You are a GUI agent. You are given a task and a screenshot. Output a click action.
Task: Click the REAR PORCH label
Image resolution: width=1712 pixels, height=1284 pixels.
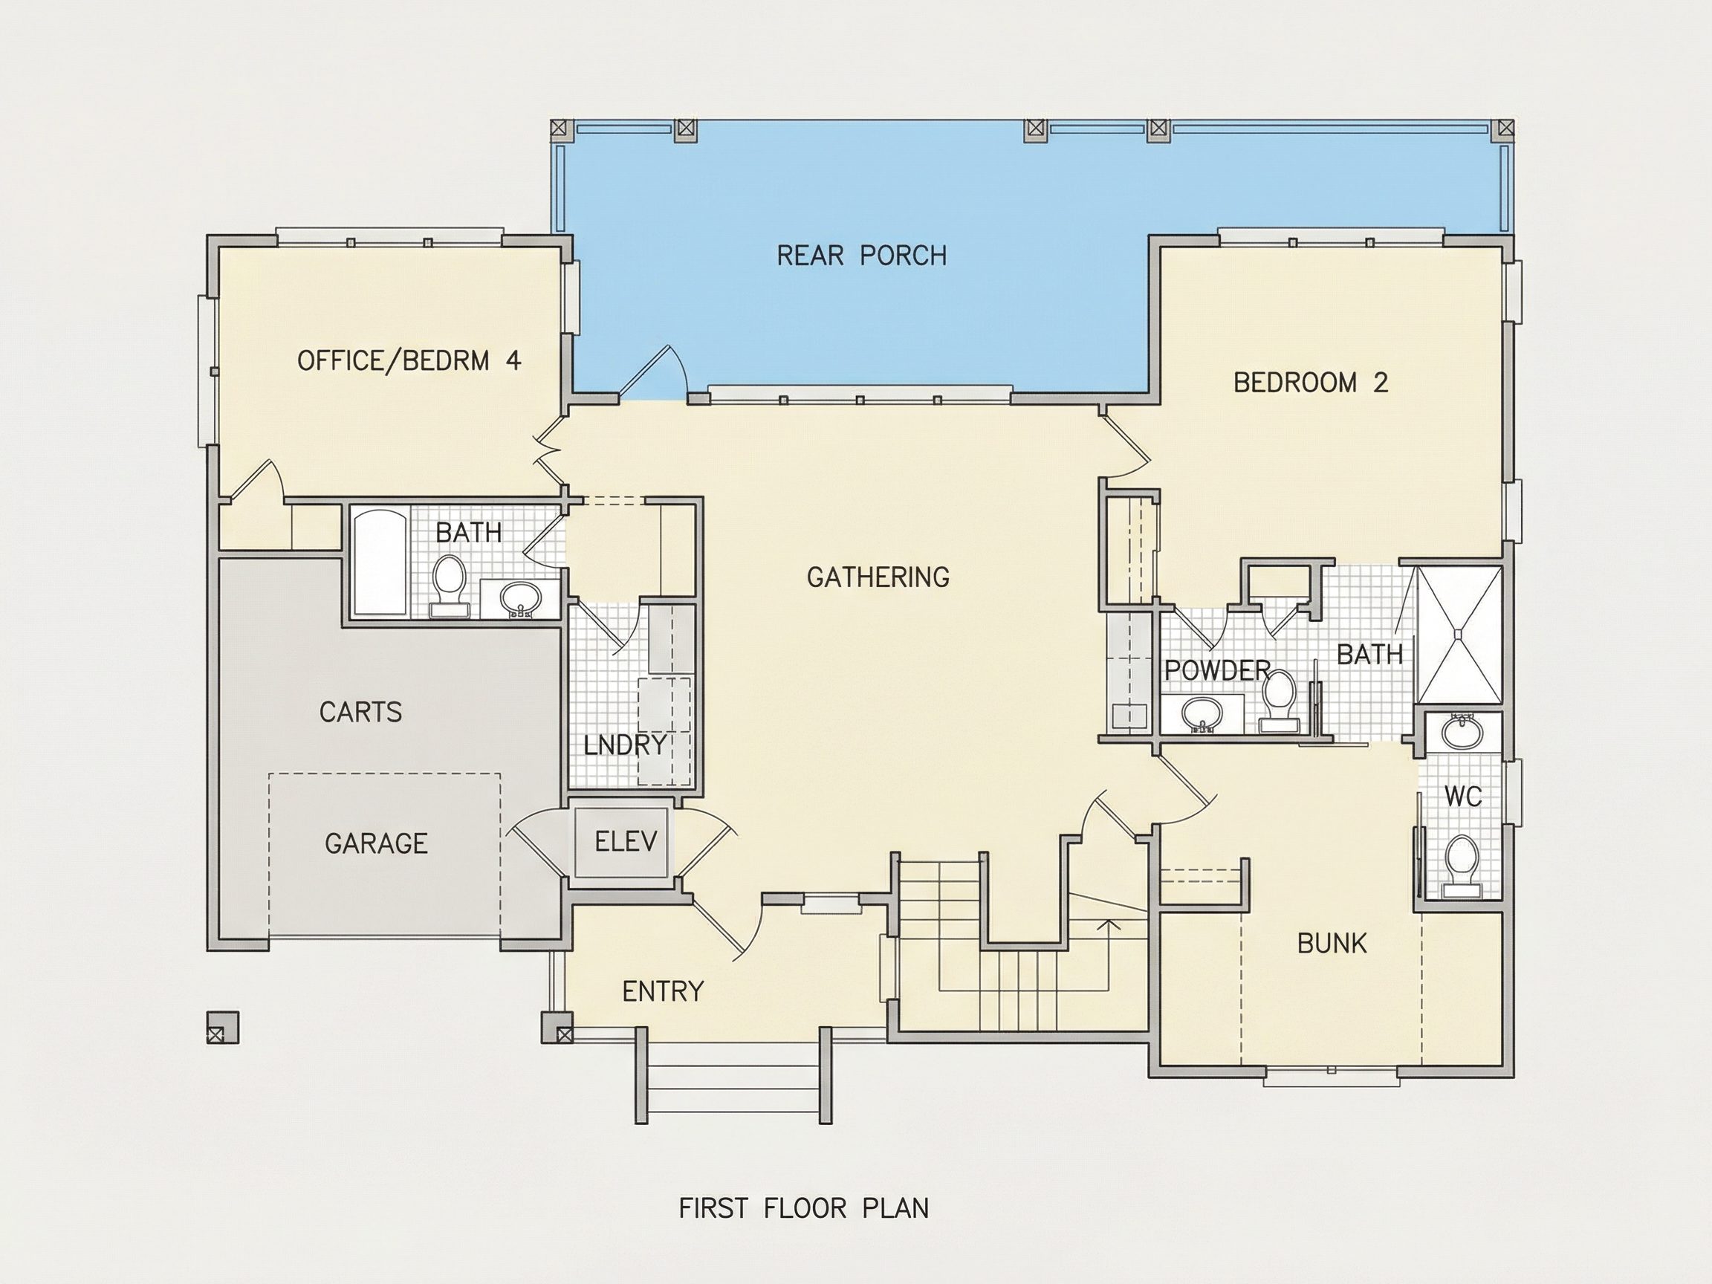click(x=861, y=256)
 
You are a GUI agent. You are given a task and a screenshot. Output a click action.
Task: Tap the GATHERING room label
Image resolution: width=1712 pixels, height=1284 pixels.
click(x=878, y=577)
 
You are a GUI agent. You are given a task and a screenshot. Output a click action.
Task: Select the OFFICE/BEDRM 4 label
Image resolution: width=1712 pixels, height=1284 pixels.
click(x=409, y=360)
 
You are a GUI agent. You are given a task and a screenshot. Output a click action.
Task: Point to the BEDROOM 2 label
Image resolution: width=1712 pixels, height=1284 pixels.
click(x=1310, y=383)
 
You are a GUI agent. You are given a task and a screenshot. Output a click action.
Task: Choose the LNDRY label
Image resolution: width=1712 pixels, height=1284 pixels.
click(x=625, y=745)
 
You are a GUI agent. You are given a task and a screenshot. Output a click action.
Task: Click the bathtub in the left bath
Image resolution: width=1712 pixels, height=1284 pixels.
click(x=380, y=561)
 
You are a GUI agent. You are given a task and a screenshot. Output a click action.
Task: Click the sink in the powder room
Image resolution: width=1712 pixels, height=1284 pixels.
click(x=1202, y=713)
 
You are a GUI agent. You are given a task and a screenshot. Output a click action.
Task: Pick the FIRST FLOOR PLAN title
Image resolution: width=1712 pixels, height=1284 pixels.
click(x=803, y=1208)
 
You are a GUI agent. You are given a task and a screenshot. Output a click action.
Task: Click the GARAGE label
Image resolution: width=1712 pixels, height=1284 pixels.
click(x=376, y=843)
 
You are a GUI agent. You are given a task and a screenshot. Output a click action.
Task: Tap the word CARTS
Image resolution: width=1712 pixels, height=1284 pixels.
click(x=360, y=712)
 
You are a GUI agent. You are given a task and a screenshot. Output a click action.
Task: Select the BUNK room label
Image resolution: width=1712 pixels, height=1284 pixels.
click(x=1332, y=944)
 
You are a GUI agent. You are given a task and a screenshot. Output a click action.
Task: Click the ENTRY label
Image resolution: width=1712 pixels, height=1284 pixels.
click(x=664, y=991)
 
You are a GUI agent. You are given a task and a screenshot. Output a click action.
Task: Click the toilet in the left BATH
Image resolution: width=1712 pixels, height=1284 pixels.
click(x=448, y=584)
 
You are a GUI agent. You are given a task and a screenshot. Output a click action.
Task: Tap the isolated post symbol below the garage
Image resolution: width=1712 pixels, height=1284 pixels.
click(x=223, y=1028)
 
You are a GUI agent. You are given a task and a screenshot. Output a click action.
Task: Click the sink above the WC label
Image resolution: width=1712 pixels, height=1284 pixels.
click(x=1462, y=732)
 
